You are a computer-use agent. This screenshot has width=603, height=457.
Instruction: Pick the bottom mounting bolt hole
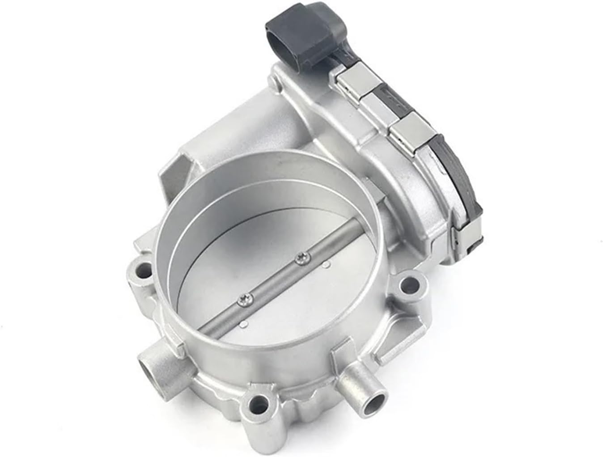pyautogui.click(x=258, y=406)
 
